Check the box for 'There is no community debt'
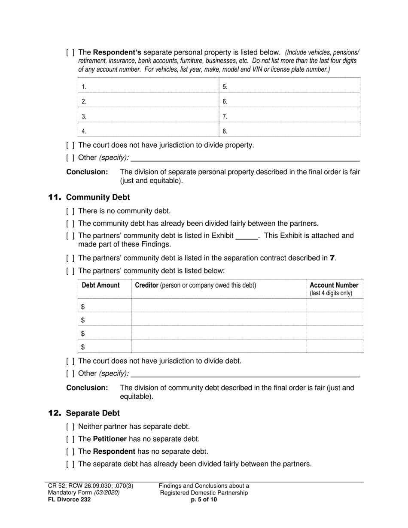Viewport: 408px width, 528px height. [x=70, y=211]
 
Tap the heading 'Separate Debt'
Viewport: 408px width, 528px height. [x=93, y=413]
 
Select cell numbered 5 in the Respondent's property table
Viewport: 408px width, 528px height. [x=289, y=86]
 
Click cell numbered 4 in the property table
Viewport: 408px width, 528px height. [x=148, y=131]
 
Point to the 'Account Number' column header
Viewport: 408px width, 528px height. [x=334, y=285]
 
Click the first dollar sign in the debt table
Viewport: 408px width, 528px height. [x=83, y=306]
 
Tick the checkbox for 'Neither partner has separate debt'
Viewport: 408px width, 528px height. [x=70, y=427]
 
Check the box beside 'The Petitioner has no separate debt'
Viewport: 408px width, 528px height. [x=70, y=439]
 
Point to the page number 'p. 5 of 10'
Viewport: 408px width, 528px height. [x=204, y=499]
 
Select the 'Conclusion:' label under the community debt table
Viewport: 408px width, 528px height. [x=87, y=388]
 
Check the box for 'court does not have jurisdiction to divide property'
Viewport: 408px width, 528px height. [x=70, y=145]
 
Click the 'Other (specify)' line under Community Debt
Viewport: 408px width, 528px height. [x=245, y=374]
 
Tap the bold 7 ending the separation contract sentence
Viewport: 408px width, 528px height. [x=332, y=258]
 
